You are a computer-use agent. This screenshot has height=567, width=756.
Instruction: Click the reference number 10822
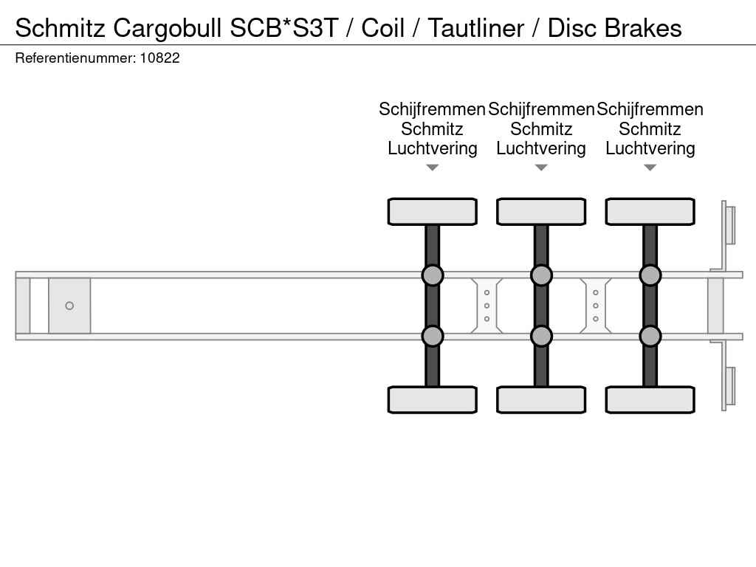[159, 58]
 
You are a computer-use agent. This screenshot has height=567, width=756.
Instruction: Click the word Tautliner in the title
[475, 28]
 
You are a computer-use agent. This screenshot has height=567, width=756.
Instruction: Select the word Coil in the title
[382, 28]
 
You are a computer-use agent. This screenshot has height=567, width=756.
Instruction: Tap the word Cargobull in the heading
[168, 28]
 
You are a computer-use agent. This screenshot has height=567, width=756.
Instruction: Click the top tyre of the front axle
[432, 212]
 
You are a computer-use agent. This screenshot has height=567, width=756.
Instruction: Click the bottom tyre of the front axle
[432, 399]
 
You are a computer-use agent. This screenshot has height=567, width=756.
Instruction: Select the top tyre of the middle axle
[541, 212]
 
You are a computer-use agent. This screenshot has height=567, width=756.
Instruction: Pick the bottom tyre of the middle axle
[541, 399]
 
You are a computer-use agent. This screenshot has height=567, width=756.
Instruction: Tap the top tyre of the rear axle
[650, 212]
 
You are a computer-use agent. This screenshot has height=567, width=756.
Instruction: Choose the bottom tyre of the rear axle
[650, 399]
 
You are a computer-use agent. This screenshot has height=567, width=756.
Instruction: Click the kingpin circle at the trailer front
[69, 306]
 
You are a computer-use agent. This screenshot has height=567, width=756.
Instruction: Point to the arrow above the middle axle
[541, 168]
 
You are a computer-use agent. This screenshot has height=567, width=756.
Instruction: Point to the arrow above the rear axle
[650, 168]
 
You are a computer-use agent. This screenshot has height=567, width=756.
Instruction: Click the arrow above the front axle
[432, 168]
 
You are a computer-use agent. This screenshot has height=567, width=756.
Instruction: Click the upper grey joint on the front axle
[432, 275]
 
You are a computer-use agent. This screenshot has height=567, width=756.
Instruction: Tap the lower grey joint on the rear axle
[650, 336]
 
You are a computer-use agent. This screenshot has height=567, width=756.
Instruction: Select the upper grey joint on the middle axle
[541, 275]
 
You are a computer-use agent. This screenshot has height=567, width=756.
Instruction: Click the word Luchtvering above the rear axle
[650, 148]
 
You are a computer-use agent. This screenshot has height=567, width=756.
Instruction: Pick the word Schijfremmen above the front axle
[432, 109]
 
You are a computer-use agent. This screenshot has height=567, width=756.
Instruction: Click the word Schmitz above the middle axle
[541, 129]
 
